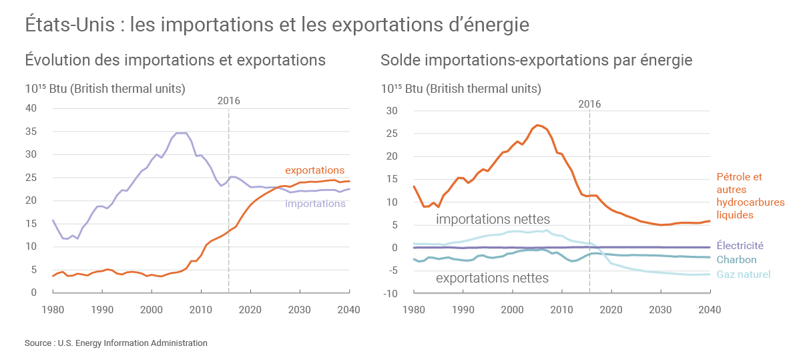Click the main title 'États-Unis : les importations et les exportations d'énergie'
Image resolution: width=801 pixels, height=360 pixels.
(x=277, y=25)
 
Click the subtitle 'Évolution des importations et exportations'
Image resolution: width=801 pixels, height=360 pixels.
(x=175, y=60)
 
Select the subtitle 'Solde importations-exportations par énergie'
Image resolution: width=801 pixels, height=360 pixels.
(x=536, y=60)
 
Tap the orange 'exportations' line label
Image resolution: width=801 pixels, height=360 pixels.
(x=314, y=170)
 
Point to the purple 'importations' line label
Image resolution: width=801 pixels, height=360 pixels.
(x=315, y=203)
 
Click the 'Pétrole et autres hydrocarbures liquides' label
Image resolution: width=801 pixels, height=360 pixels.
(x=750, y=196)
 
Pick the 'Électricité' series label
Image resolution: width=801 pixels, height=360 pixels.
(x=740, y=246)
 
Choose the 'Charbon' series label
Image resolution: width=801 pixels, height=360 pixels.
(x=736, y=260)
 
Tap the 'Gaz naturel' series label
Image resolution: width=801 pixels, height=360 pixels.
(x=743, y=275)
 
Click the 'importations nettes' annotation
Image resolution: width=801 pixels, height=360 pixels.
(x=493, y=219)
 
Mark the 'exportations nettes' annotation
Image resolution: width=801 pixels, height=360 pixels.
(x=492, y=278)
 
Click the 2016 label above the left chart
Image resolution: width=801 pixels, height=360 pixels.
(x=229, y=101)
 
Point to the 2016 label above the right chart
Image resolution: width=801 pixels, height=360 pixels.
(x=589, y=104)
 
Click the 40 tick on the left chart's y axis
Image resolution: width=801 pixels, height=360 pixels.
(x=30, y=108)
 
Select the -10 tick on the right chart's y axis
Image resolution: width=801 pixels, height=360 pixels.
(x=392, y=293)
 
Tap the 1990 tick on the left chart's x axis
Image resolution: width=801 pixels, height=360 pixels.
(x=102, y=310)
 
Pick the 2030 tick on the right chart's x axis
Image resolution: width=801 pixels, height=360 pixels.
(x=660, y=310)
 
